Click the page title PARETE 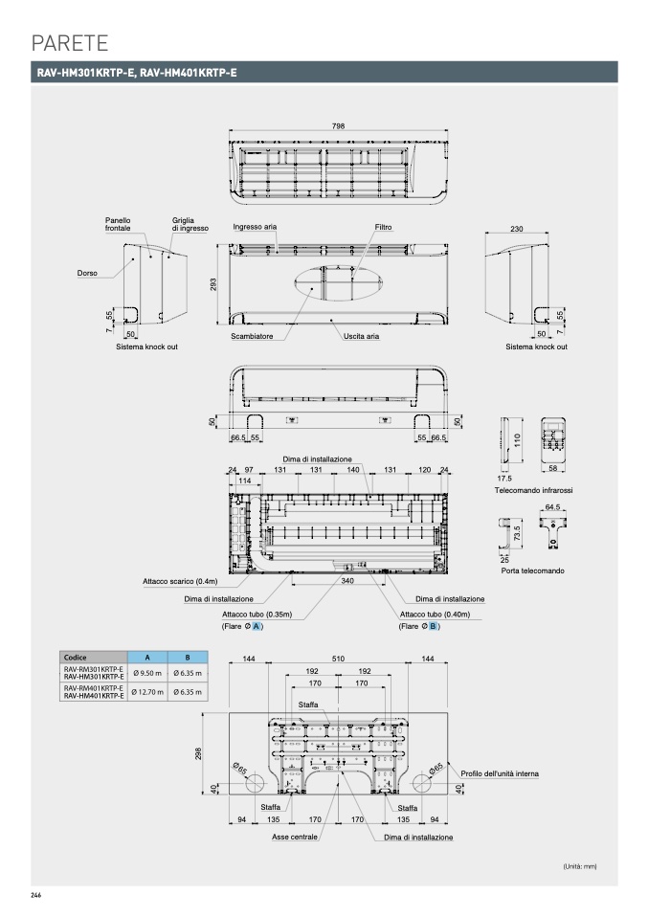coord(69,42)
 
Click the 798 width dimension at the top coord(338,126)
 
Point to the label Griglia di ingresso coord(190,225)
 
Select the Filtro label coord(383,228)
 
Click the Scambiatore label coord(252,337)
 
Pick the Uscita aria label coord(362,337)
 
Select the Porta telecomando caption coord(532,571)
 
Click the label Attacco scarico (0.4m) coord(181,581)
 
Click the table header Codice coord(76,658)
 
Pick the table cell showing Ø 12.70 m coord(147,691)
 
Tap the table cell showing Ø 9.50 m coord(147,673)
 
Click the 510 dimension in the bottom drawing coord(338,660)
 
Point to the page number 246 coord(36,894)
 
